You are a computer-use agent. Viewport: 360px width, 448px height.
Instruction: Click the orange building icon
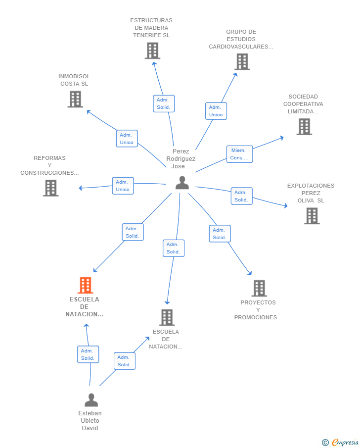coord(86,285)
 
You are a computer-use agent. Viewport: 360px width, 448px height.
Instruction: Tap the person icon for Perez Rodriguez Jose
coord(182,183)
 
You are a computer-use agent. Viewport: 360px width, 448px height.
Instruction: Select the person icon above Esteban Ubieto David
coord(91,399)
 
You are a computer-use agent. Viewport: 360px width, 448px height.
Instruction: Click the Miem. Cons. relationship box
coord(239,154)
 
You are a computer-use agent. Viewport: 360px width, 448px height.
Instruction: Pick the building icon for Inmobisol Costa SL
coord(75,99)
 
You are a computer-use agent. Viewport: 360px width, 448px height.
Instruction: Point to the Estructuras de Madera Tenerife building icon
coord(152,50)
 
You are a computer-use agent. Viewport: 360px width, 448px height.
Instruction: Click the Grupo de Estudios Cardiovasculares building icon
coord(242,62)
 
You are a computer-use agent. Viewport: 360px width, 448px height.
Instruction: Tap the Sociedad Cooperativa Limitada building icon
coord(304,127)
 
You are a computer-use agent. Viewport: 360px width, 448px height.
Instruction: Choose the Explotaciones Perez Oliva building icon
coord(312,216)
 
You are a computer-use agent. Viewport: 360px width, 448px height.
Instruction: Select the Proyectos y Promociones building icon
coord(259,288)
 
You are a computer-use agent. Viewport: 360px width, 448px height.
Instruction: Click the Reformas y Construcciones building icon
coord(51,188)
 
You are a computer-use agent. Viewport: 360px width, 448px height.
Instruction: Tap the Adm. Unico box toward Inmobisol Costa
coord(127,139)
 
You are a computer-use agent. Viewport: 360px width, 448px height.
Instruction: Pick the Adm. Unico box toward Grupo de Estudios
coord(216,111)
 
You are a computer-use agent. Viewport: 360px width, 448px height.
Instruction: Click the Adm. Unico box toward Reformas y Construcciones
coord(123,186)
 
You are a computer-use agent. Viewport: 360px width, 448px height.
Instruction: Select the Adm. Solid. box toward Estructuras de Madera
coord(164,103)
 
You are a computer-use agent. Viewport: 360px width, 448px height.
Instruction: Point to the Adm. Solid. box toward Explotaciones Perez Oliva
coord(241,196)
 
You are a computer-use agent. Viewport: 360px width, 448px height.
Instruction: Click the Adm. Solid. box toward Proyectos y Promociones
coord(220,234)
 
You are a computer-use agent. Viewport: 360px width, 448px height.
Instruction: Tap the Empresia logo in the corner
coord(340,442)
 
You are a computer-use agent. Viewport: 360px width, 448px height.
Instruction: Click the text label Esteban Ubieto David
coord(90,421)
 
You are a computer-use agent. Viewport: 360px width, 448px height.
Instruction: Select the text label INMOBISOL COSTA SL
coord(74,80)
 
